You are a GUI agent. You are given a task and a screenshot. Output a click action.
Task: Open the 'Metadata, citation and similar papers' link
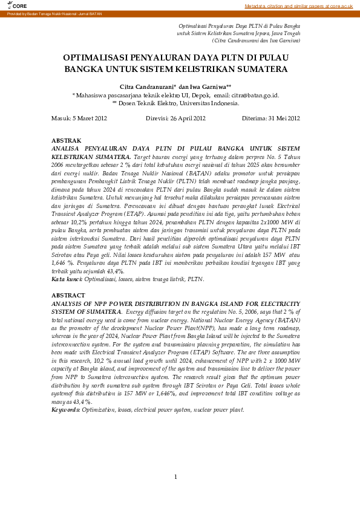click(x=298, y=5)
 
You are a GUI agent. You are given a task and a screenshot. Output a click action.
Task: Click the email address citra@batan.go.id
click(x=255, y=95)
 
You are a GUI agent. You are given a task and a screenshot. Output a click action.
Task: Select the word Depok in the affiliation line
click(x=200, y=95)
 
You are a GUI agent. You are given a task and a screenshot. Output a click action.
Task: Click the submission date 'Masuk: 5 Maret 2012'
click(x=79, y=118)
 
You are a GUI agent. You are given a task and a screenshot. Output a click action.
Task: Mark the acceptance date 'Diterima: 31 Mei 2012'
click(x=270, y=118)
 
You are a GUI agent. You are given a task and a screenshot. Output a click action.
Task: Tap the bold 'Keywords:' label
click(x=65, y=410)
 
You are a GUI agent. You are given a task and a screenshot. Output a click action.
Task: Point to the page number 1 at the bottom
click(x=175, y=478)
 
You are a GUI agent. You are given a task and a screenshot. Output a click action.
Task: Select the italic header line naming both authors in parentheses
click(x=257, y=41)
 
